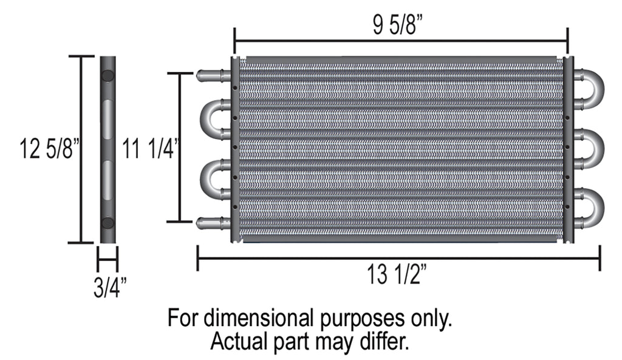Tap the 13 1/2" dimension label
[x=396, y=274]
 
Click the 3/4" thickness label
[x=110, y=287]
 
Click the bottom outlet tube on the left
[x=213, y=223]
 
